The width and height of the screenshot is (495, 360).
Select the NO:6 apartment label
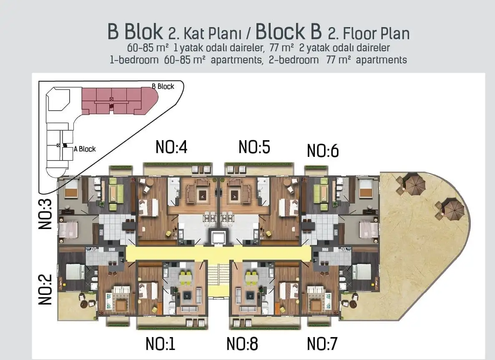pos(322,151)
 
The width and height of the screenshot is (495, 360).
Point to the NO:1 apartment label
pos(161,344)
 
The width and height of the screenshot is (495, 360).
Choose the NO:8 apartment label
pos(242,344)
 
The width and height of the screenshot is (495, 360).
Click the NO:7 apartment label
pos(322,344)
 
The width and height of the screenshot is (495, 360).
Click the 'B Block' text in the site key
pos(163,86)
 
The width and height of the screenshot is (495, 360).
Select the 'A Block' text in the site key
pos(85,149)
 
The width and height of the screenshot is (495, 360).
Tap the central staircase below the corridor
pos(219,279)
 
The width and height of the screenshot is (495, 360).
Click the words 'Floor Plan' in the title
pos(375,33)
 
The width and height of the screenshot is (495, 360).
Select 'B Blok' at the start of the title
pos(135,32)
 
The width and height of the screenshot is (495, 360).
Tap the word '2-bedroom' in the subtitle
pos(294,60)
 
